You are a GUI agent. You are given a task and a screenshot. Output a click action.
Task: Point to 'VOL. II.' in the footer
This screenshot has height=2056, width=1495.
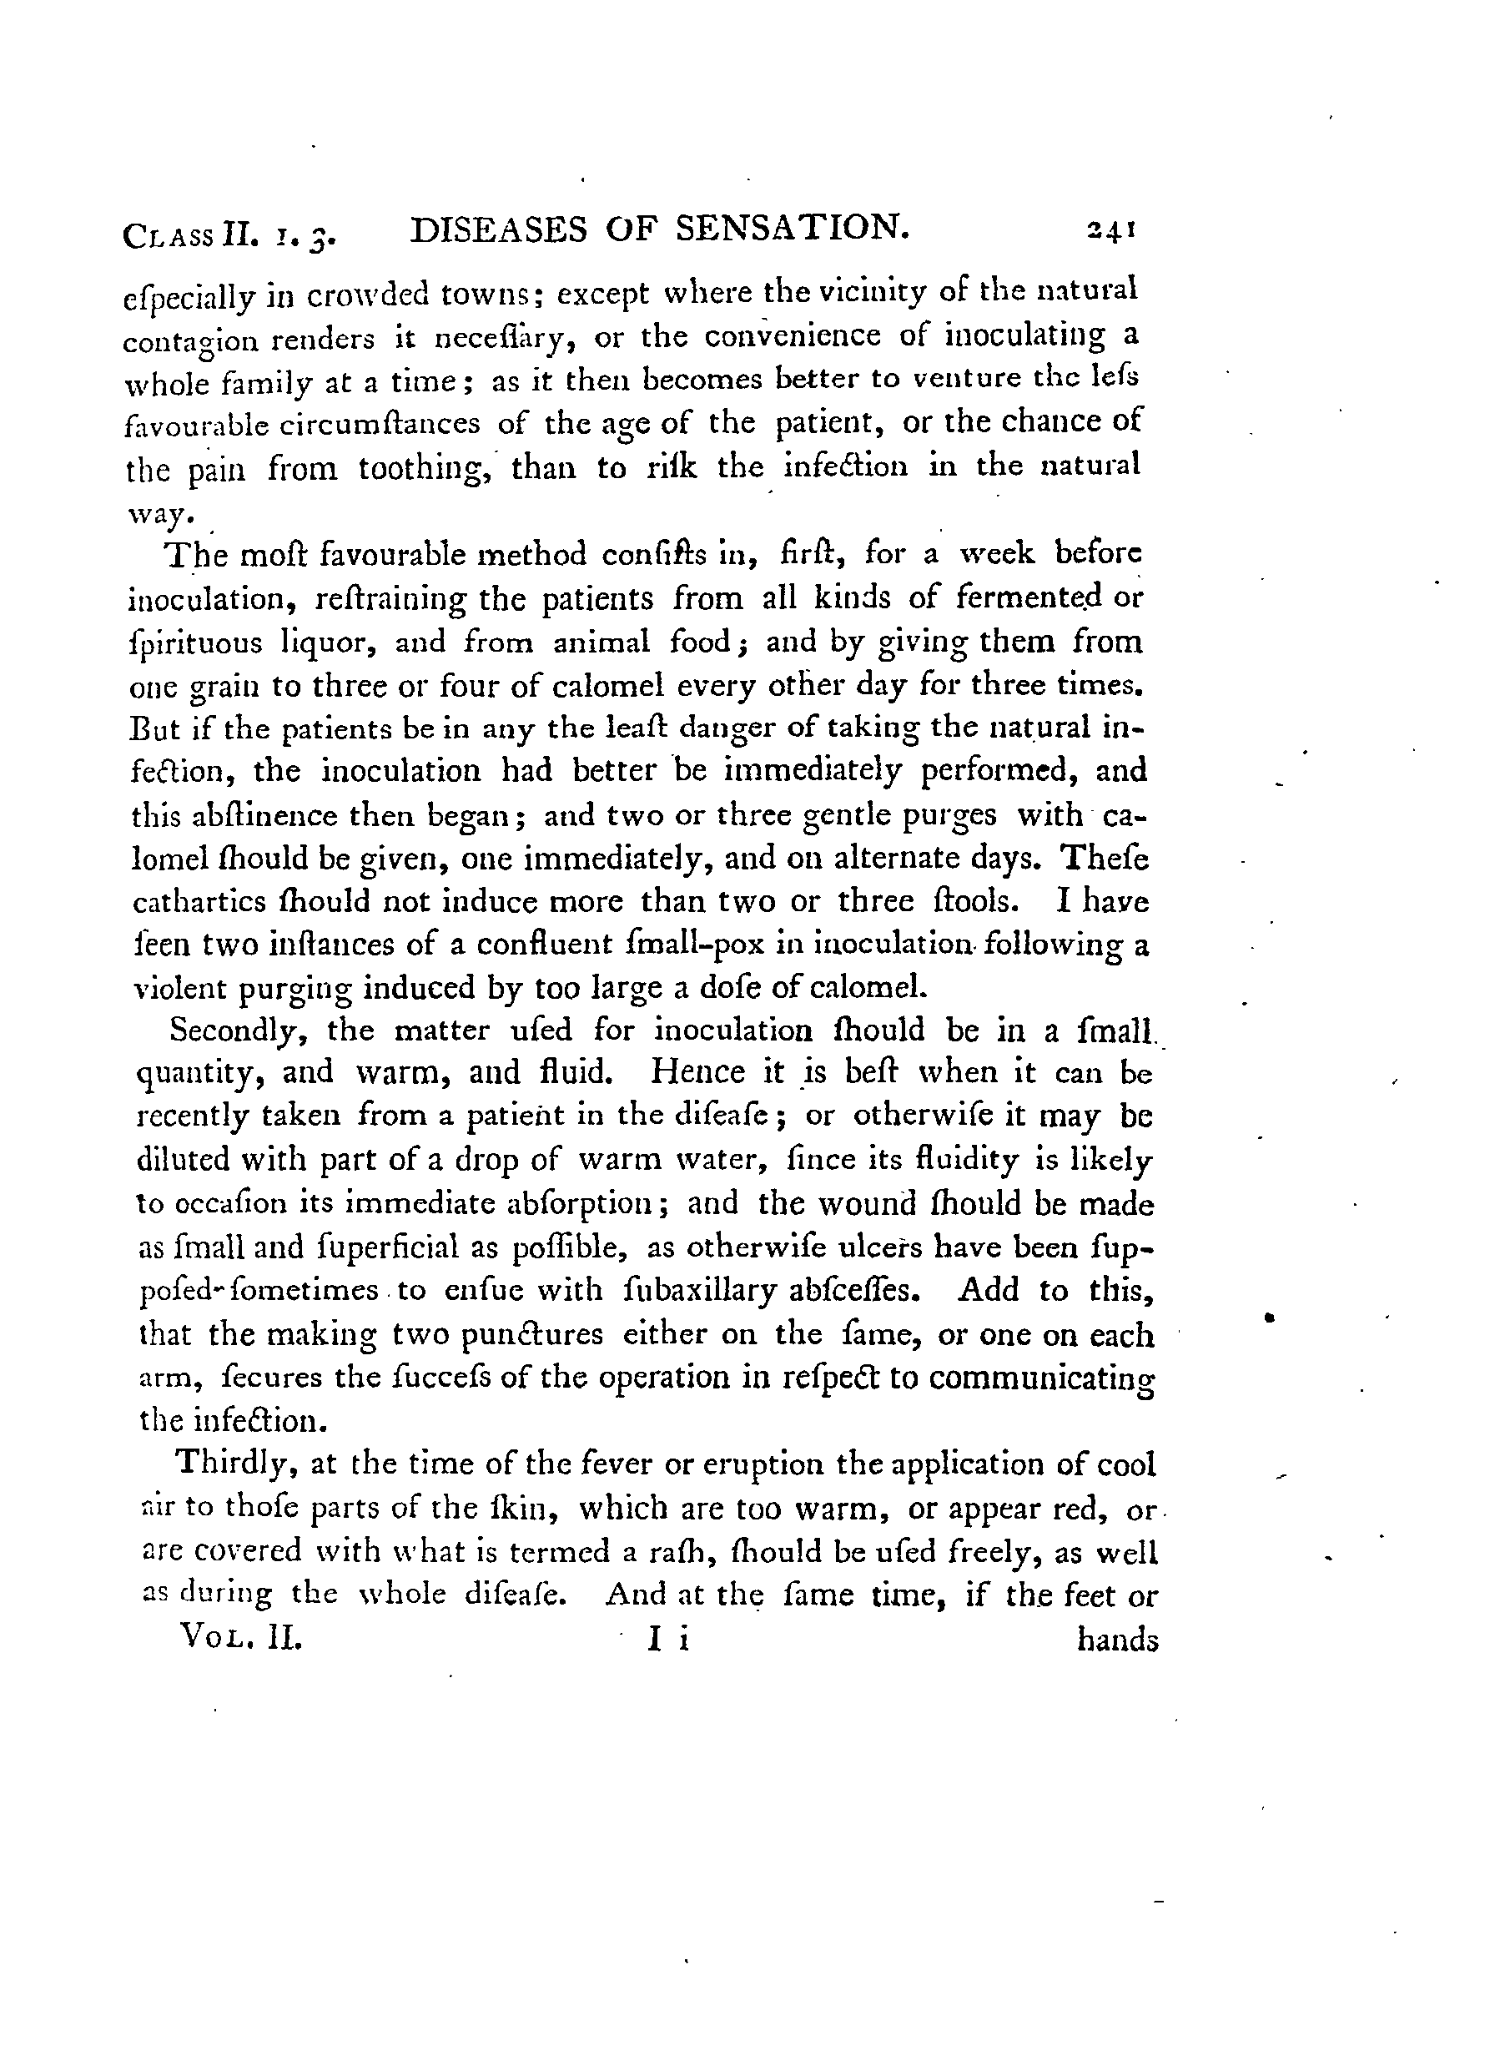pyautogui.click(x=241, y=1636)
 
